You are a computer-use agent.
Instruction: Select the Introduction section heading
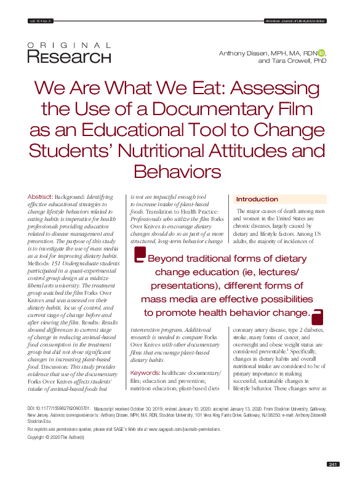257,199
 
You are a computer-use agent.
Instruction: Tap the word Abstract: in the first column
40,196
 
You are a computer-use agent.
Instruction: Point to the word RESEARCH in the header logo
70,58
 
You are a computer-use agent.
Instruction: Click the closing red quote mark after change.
318,317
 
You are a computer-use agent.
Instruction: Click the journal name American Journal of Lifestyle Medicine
295,21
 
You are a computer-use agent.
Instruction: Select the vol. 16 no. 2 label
41,21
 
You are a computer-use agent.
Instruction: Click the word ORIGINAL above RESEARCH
70,46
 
